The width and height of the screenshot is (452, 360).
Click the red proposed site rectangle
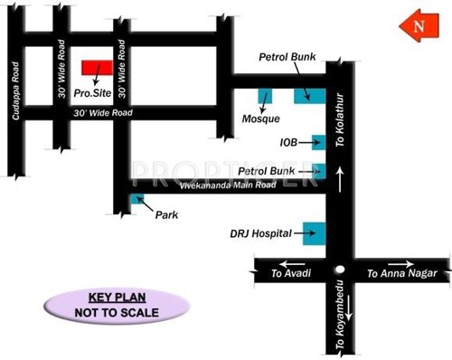[96, 68]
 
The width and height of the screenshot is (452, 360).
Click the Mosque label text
[261, 118]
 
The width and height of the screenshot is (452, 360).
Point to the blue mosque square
[265, 96]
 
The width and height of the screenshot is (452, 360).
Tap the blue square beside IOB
[318, 141]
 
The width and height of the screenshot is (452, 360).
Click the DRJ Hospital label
[261, 233]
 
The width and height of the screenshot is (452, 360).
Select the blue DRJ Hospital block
[313, 232]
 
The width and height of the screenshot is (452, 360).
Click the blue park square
[137, 199]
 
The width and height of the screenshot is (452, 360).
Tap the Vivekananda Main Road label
[225, 185]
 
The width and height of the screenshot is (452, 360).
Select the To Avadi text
[290, 272]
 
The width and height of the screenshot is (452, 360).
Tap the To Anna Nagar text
[394, 272]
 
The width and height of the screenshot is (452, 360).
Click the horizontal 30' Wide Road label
[103, 113]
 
